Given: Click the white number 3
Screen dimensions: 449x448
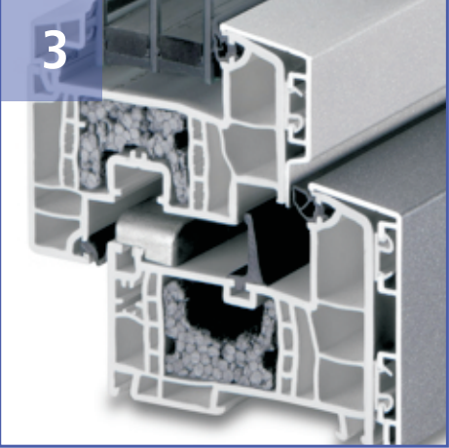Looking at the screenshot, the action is (x=55, y=49).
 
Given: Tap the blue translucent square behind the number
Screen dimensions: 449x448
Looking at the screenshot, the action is (x=52, y=51).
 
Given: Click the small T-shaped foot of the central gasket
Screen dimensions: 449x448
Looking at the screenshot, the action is (x=240, y=284).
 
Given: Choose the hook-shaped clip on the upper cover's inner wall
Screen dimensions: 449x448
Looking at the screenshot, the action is (x=297, y=124).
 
